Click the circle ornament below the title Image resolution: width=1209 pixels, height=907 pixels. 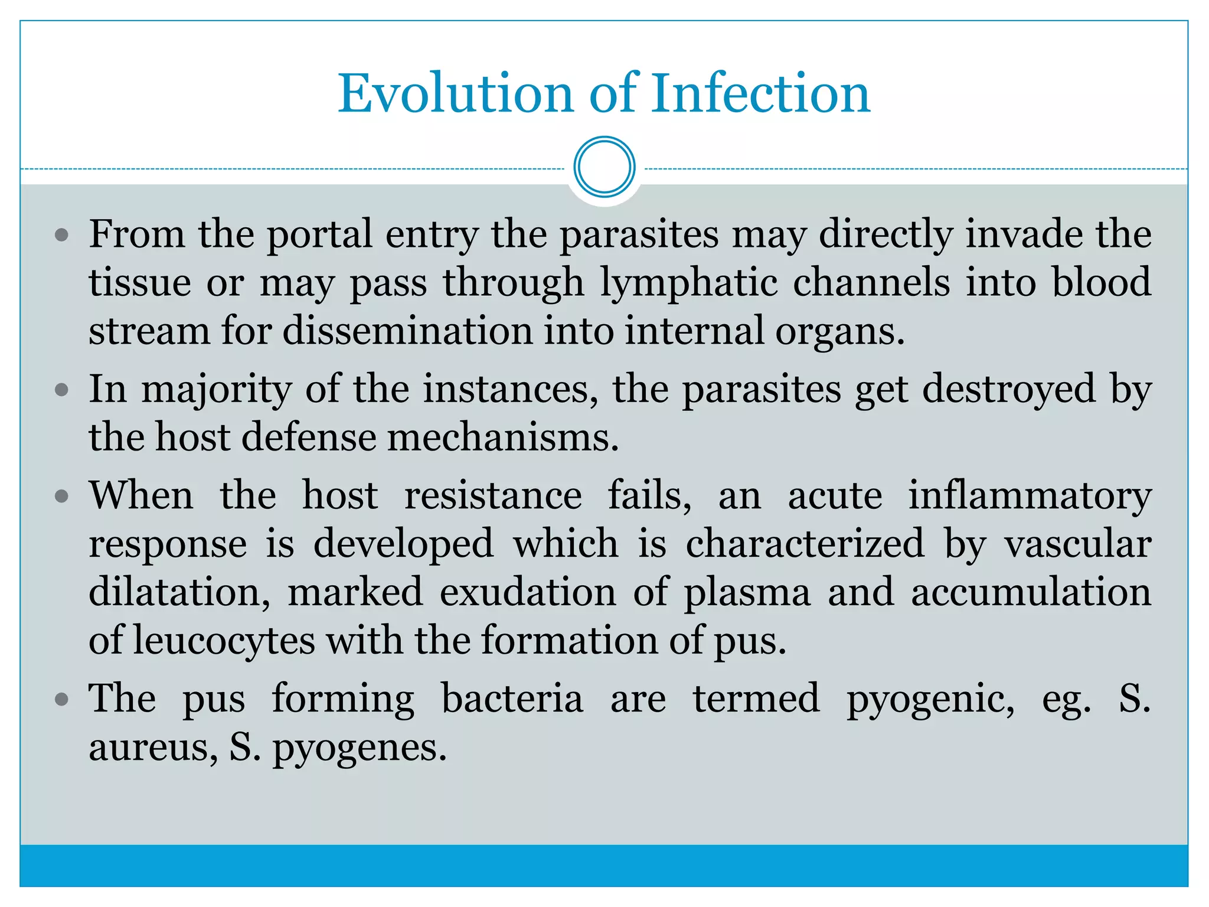(604, 167)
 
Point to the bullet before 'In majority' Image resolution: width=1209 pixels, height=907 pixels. (61, 390)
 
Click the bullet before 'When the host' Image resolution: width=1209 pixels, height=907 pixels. (61, 497)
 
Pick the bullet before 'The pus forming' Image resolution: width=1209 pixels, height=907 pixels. (61, 700)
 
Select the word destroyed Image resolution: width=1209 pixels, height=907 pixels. (1009, 390)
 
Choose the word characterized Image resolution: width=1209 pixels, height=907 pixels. (805, 544)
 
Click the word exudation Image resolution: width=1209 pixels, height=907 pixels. (528, 593)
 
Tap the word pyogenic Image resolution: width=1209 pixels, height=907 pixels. (931, 700)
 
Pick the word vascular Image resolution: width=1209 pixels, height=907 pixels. (1078, 544)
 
